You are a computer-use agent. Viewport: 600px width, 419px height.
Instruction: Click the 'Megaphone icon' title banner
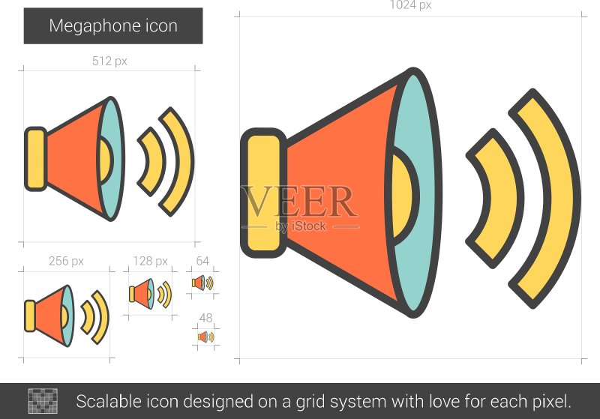click(x=113, y=26)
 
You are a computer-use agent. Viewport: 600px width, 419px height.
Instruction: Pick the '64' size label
click(x=202, y=261)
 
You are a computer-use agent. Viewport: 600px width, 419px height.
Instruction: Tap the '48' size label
click(x=205, y=318)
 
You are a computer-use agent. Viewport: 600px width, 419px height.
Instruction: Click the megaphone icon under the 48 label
click(x=205, y=337)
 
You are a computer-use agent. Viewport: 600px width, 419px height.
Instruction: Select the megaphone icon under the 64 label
click(x=202, y=283)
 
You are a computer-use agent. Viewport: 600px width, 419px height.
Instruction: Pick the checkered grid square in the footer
click(x=43, y=401)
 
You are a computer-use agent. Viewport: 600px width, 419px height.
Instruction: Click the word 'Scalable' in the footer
click(x=108, y=402)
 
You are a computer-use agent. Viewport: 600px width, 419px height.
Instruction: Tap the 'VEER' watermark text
click(x=299, y=201)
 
